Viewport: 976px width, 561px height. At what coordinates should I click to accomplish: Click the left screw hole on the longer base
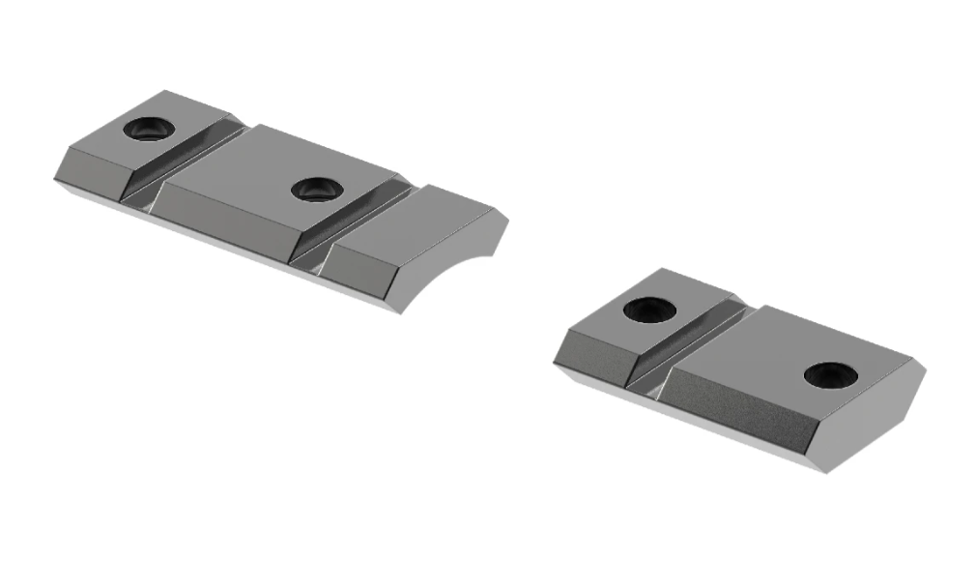click(x=149, y=128)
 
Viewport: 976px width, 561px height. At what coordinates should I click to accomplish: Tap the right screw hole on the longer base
click(x=313, y=188)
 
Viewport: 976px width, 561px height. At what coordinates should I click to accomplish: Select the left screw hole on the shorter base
click(x=648, y=309)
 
